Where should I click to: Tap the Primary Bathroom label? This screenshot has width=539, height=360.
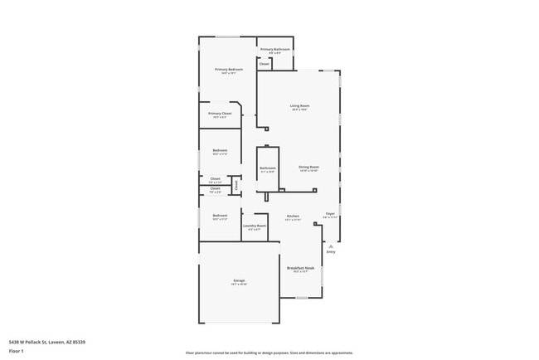tap(274, 50)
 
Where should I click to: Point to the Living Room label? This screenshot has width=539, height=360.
tap(299, 105)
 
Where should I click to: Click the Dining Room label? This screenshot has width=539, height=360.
tap(309, 167)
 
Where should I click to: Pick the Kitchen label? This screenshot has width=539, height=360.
tap(293, 216)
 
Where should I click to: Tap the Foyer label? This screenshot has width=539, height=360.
tap(330, 213)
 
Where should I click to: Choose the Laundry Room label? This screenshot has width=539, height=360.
tap(255, 226)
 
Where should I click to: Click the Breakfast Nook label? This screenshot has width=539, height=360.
tap(300, 268)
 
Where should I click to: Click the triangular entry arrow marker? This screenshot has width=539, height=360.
tap(331, 246)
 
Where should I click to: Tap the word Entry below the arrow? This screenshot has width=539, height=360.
tap(331, 252)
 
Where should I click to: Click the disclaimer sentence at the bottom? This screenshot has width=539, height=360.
tap(269, 353)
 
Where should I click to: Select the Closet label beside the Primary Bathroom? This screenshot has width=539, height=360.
tap(265, 64)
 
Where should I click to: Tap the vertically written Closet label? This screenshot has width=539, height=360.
tap(236, 186)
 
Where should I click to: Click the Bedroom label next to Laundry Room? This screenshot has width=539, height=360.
tap(220, 216)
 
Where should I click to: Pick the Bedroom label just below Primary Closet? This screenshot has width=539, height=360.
tap(220, 150)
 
